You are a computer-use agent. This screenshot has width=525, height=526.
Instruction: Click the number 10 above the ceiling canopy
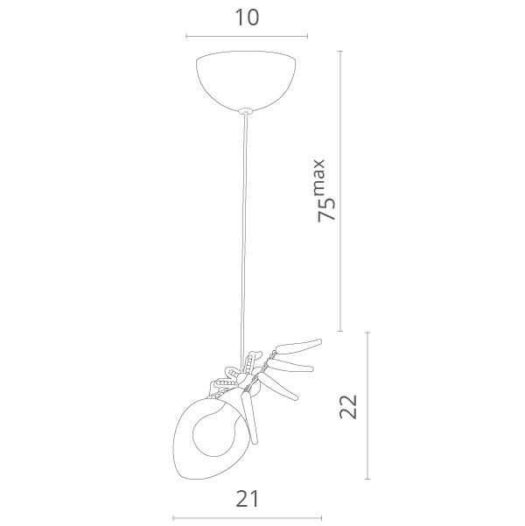pyautogui.click(x=247, y=18)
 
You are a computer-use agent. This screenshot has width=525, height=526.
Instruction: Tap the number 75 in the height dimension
pyautogui.click(x=326, y=209)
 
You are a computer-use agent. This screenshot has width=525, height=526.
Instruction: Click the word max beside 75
pyautogui.click(x=318, y=178)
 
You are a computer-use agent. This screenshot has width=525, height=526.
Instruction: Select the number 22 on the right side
pyautogui.click(x=348, y=407)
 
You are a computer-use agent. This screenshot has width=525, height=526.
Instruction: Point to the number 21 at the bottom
pyautogui.click(x=248, y=499)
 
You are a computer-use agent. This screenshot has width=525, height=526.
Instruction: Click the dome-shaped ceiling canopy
pyautogui.click(x=246, y=81)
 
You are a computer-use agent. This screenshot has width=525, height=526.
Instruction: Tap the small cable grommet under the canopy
pyautogui.click(x=246, y=111)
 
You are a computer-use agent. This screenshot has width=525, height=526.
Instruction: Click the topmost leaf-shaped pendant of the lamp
pyautogui.click(x=298, y=347)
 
